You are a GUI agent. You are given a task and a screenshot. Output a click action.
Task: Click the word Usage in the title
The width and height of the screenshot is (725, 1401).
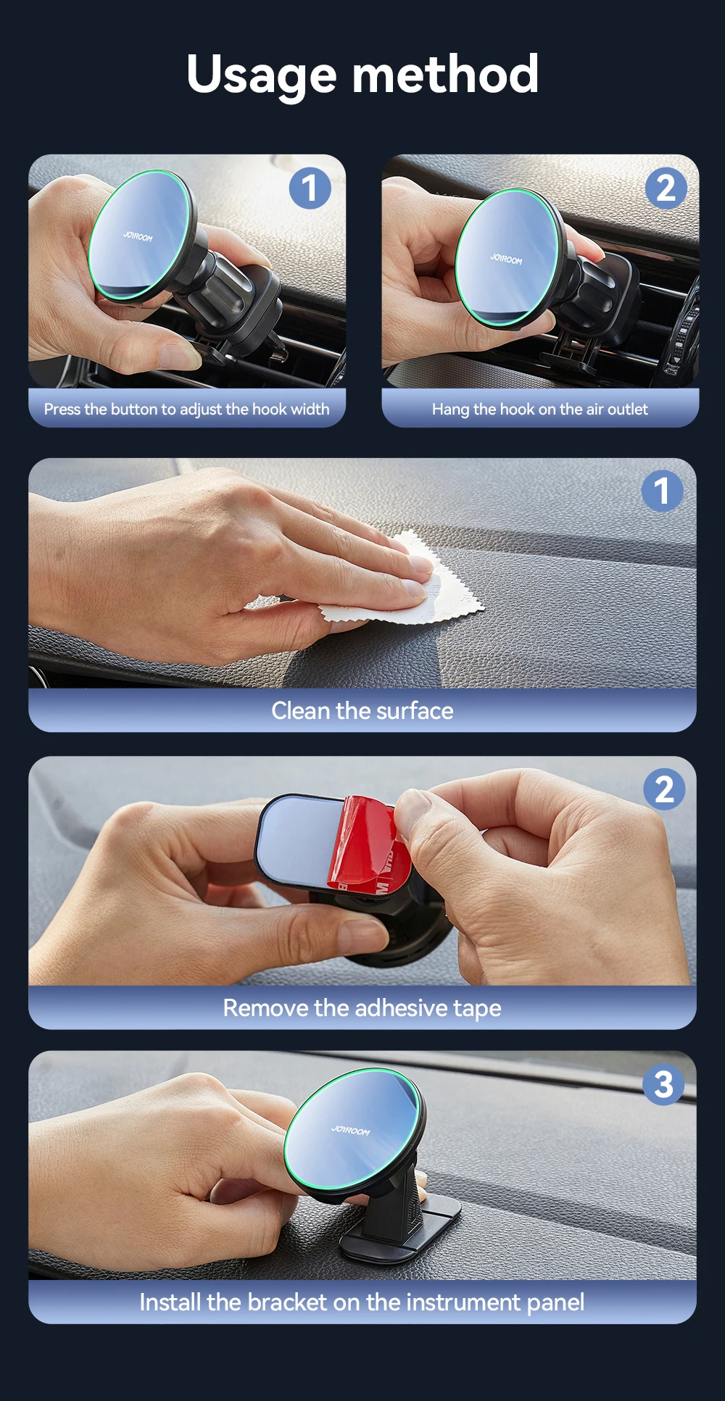(x=262, y=75)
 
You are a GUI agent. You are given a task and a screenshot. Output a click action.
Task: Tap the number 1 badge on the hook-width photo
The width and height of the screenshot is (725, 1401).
(x=310, y=188)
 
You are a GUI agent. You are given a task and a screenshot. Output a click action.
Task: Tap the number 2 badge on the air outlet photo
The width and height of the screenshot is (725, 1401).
(x=666, y=188)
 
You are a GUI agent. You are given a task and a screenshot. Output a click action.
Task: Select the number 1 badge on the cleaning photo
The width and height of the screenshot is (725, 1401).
(x=663, y=491)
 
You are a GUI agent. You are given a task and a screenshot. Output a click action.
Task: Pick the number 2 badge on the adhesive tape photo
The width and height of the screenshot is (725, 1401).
(x=664, y=789)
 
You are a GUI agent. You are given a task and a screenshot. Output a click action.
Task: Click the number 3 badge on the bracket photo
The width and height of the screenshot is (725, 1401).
(x=663, y=1084)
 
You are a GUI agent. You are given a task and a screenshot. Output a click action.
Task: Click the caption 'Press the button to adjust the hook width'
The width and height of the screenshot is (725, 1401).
(x=186, y=410)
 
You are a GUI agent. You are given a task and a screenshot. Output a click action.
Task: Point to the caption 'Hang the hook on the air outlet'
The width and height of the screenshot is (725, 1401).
(x=540, y=410)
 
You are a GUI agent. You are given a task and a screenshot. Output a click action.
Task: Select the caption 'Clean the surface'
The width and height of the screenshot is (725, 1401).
(x=362, y=711)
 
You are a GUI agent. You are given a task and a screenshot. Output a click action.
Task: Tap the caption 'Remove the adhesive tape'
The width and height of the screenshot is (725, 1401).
(x=362, y=1008)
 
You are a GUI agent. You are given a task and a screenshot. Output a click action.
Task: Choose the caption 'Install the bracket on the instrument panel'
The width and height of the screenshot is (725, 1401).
(x=362, y=1302)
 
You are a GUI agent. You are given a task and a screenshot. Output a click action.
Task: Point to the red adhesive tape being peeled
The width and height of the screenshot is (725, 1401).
(x=366, y=844)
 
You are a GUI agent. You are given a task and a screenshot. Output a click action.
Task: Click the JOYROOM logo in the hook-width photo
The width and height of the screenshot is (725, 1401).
(x=138, y=236)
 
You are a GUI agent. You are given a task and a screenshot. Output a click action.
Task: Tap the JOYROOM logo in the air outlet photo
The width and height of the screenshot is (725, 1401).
(x=506, y=259)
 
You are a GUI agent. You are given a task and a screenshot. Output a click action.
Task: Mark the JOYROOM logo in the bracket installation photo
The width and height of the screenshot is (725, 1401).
(x=351, y=1130)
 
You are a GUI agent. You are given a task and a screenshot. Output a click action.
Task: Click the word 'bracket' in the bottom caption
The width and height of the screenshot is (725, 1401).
(x=287, y=1302)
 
